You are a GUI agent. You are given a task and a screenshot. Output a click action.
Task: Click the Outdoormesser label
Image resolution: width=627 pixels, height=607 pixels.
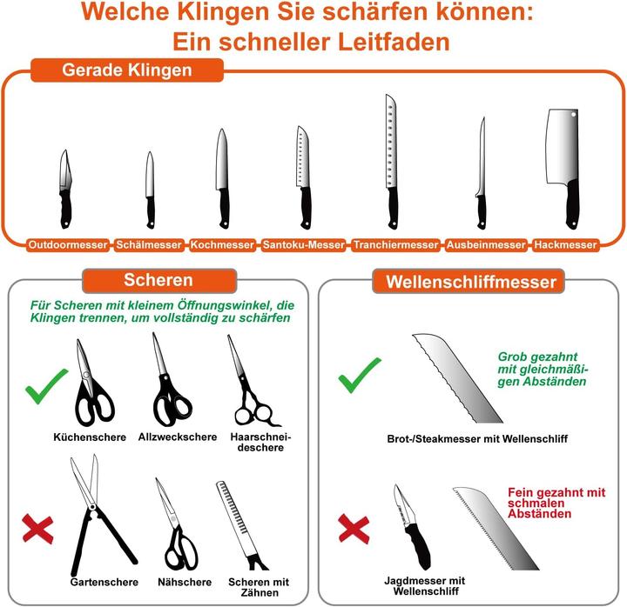68,245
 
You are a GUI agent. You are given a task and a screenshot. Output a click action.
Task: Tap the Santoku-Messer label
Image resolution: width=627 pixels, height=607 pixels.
304,245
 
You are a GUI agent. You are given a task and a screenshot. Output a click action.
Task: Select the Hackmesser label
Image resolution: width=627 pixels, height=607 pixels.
566,245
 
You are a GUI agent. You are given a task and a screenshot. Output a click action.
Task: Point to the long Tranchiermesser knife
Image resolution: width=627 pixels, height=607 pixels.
391,165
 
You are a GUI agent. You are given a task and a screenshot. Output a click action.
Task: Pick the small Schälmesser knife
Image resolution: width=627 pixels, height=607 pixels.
150,187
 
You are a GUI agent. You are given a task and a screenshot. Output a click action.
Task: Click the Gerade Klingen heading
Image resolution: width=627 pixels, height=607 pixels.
127,70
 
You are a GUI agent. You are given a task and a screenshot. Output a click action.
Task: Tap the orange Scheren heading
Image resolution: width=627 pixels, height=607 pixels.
158,281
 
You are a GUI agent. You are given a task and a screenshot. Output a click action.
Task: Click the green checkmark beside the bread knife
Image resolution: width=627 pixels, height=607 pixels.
359,377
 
